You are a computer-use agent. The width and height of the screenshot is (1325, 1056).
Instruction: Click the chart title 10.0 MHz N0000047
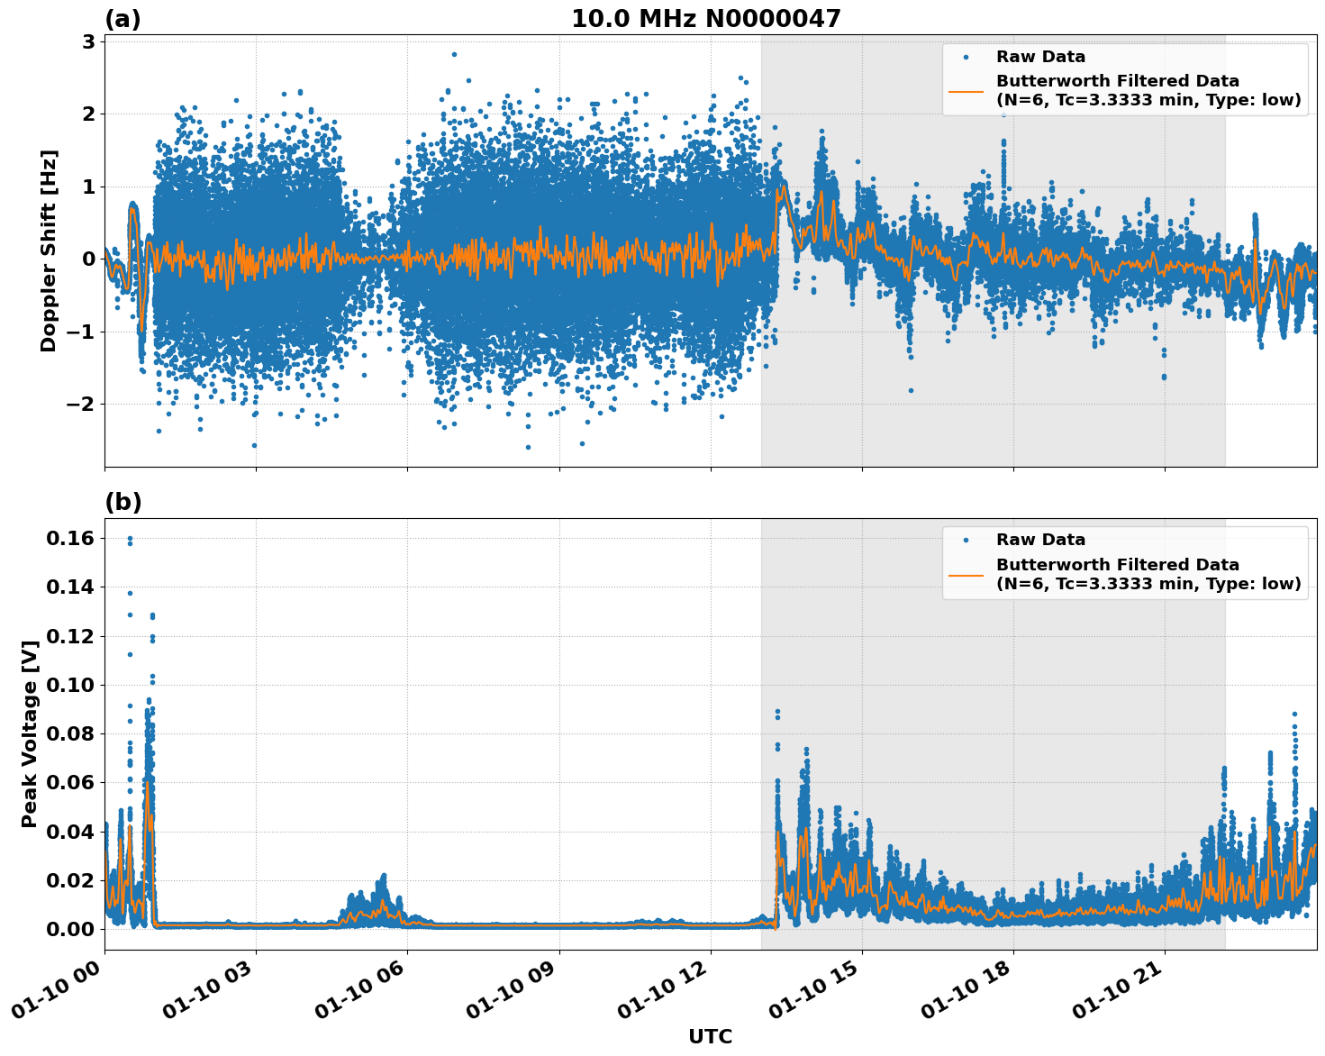[705, 19]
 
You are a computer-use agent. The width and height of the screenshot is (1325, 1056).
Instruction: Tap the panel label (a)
[123, 19]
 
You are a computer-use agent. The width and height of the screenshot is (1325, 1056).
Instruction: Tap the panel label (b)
[123, 502]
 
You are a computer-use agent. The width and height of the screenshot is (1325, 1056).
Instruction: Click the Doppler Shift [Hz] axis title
[49, 250]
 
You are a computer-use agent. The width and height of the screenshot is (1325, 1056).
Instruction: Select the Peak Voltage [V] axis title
[30, 734]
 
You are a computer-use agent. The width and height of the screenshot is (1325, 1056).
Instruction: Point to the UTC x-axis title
[710, 1036]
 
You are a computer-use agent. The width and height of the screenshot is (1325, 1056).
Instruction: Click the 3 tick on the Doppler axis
[88, 41]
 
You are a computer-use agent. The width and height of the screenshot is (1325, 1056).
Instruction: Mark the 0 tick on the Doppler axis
[88, 259]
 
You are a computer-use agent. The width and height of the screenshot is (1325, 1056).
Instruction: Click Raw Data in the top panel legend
[1040, 57]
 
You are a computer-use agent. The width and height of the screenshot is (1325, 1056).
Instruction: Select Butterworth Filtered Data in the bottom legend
[1117, 565]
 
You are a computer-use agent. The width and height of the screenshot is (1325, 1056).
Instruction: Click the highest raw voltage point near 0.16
[130, 539]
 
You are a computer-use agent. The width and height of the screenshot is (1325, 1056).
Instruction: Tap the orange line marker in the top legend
[966, 91]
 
